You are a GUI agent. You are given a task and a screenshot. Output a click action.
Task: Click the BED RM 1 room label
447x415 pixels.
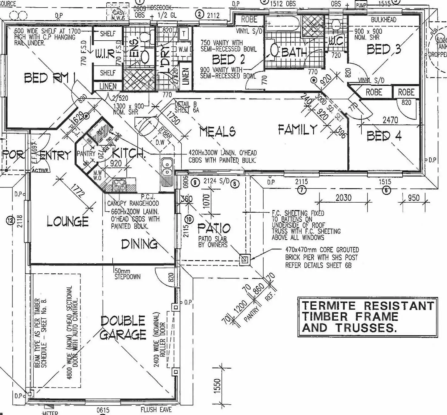(50, 78)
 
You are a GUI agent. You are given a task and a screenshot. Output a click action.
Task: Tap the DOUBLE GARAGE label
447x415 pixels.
(123, 328)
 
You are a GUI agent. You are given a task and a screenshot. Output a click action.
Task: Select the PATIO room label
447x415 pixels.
(214, 228)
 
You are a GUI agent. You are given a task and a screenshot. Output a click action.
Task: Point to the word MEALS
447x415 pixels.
(217, 132)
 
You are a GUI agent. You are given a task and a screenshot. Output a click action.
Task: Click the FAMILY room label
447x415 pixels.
(298, 130)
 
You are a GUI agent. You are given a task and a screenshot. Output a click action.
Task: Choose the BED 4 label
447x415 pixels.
(384, 136)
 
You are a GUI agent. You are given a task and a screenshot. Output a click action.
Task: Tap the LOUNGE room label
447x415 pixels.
(68, 221)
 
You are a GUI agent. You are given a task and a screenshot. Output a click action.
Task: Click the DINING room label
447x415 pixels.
(139, 244)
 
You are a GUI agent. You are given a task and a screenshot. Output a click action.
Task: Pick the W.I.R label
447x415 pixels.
(105, 54)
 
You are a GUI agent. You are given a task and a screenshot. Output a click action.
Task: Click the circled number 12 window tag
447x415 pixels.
(11, 221)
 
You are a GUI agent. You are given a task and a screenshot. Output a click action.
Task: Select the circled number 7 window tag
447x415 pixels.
(302, 190)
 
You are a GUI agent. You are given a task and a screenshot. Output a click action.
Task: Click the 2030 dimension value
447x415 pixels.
(343, 198)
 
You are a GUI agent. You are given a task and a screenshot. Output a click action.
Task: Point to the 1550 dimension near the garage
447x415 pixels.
(217, 386)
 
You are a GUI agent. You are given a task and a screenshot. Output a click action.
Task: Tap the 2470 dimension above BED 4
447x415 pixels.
(390, 120)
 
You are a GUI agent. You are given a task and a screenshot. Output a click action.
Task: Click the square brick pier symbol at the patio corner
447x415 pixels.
(245, 260)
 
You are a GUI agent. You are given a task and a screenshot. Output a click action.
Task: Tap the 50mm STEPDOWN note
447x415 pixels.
(128, 274)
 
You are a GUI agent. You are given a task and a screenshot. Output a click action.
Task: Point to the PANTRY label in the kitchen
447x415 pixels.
(86, 154)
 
